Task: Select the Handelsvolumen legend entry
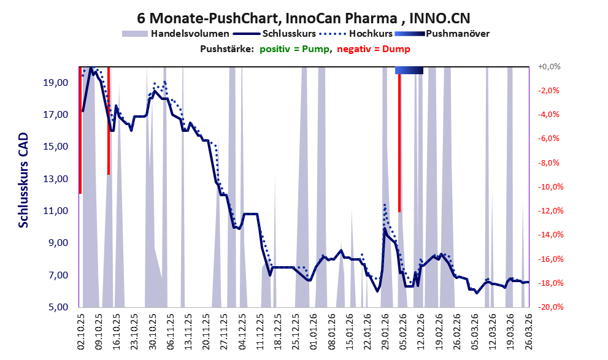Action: point(176,33)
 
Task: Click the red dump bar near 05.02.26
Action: point(399,144)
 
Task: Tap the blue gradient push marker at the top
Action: point(409,71)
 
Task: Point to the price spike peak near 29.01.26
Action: point(385,205)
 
